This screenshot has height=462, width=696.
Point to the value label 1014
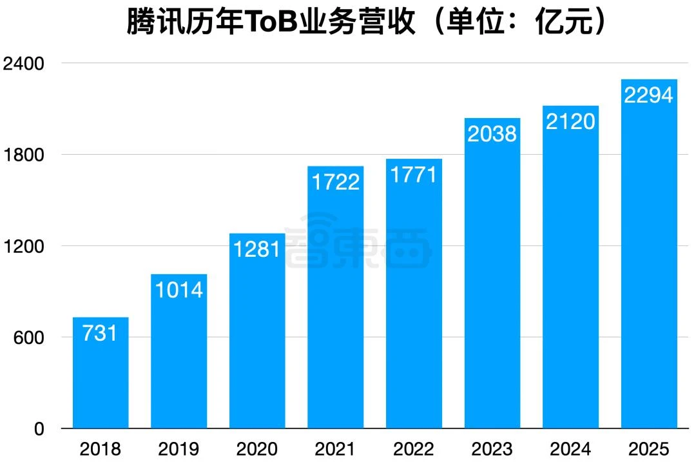(179, 290)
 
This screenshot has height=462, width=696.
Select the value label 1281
(257, 249)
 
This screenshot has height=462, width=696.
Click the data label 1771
(414, 174)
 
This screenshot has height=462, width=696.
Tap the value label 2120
(570, 121)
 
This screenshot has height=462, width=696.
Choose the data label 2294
(649, 95)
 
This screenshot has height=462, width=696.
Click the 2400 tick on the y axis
(23, 64)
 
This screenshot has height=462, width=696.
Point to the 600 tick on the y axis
(29, 338)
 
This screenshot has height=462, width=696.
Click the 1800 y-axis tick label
(23, 156)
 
